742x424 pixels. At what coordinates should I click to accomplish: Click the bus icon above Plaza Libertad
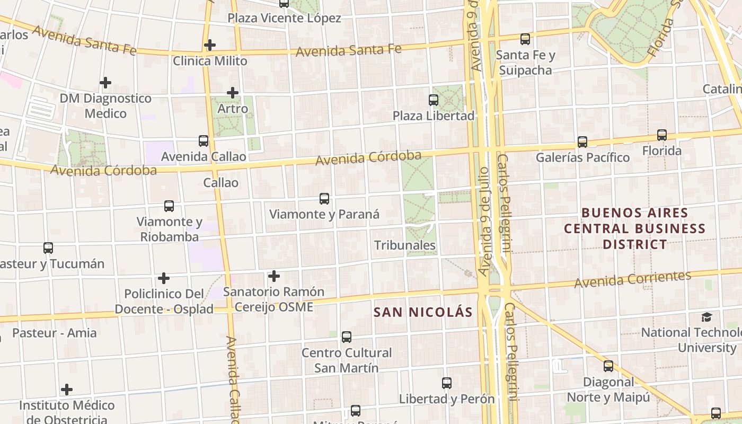pyautogui.click(x=434, y=100)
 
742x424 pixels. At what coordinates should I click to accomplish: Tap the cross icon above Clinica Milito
pyautogui.click(x=210, y=45)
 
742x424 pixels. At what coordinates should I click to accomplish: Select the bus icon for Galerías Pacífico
pyautogui.click(x=582, y=142)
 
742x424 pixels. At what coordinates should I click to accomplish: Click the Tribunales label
pyautogui.click(x=405, y=245)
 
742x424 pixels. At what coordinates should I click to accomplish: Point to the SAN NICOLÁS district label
pyautogui.click(x=422, y=312)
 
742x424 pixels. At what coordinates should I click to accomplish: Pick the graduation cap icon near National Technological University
pyautogui.click(x=707, y=317)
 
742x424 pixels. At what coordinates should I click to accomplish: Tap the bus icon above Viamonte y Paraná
pyautogui.click(x=324, y=199)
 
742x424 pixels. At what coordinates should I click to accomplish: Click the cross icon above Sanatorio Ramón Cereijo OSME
pyautogui.click(x=273, y=276)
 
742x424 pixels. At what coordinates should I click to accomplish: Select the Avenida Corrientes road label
pyautogui.click(x=633, y=279)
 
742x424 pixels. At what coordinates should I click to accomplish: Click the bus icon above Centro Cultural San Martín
pyautogui.click(x=347, y=337)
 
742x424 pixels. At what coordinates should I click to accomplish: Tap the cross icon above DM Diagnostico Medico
pyautogui.click(x=105, y=83)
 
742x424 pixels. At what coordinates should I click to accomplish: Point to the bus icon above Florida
pyautogui.click(x=662, y=135)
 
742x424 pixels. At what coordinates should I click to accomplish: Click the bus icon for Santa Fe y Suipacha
pyautogui.click(x=525, y=39)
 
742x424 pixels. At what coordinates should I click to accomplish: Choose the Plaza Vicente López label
pyautogui.click(x=284, y=18)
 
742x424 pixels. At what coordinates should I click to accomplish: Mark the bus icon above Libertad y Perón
pyautogui.click(x=447, y=383)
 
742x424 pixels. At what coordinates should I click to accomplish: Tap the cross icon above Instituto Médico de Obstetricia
pyautogui.click(x=67, y=390)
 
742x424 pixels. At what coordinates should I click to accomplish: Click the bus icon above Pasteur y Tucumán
pyautogui.click(x=48, y=248)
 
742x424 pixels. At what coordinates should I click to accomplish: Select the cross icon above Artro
pyautogui.click(x=233, y=93)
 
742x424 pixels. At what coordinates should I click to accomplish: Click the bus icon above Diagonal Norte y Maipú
pyautogui.click(x=608, y=366)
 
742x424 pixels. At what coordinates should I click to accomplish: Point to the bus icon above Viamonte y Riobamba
pyautogui.click(x=169, y=206)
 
